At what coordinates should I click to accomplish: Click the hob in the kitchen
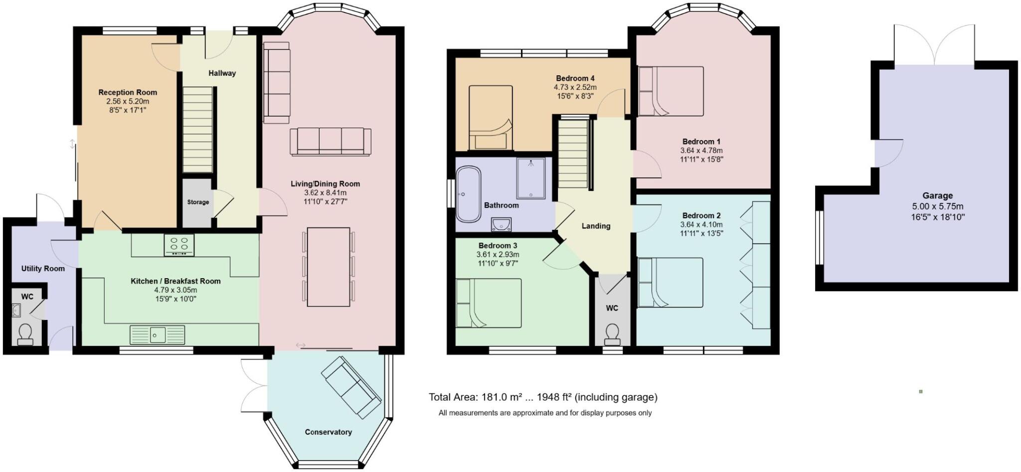coord(179,245)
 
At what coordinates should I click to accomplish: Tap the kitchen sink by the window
coord(157,334)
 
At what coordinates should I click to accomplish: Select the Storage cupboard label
coord(198,202)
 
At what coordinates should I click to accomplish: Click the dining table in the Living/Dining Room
coord(328,267)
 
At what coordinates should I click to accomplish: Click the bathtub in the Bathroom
coord(469,194)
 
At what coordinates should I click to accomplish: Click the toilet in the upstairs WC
coord(612,335)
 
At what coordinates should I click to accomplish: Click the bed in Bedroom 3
coord(489,303)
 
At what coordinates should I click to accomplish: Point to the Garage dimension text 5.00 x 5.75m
coord(937,206)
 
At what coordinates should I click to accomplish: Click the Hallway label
coord(222,73)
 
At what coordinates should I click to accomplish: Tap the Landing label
coord(596,226)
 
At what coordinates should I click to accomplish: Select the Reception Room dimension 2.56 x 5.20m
coord(128,101)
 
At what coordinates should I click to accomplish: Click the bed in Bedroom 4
coord(491,118)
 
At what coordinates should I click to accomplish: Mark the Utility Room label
coord(43,269)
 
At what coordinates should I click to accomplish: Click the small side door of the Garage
coord(888,154)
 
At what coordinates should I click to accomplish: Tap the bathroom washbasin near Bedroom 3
coord(501,225)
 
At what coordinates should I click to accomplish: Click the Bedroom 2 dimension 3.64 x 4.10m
coord(701,225)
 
